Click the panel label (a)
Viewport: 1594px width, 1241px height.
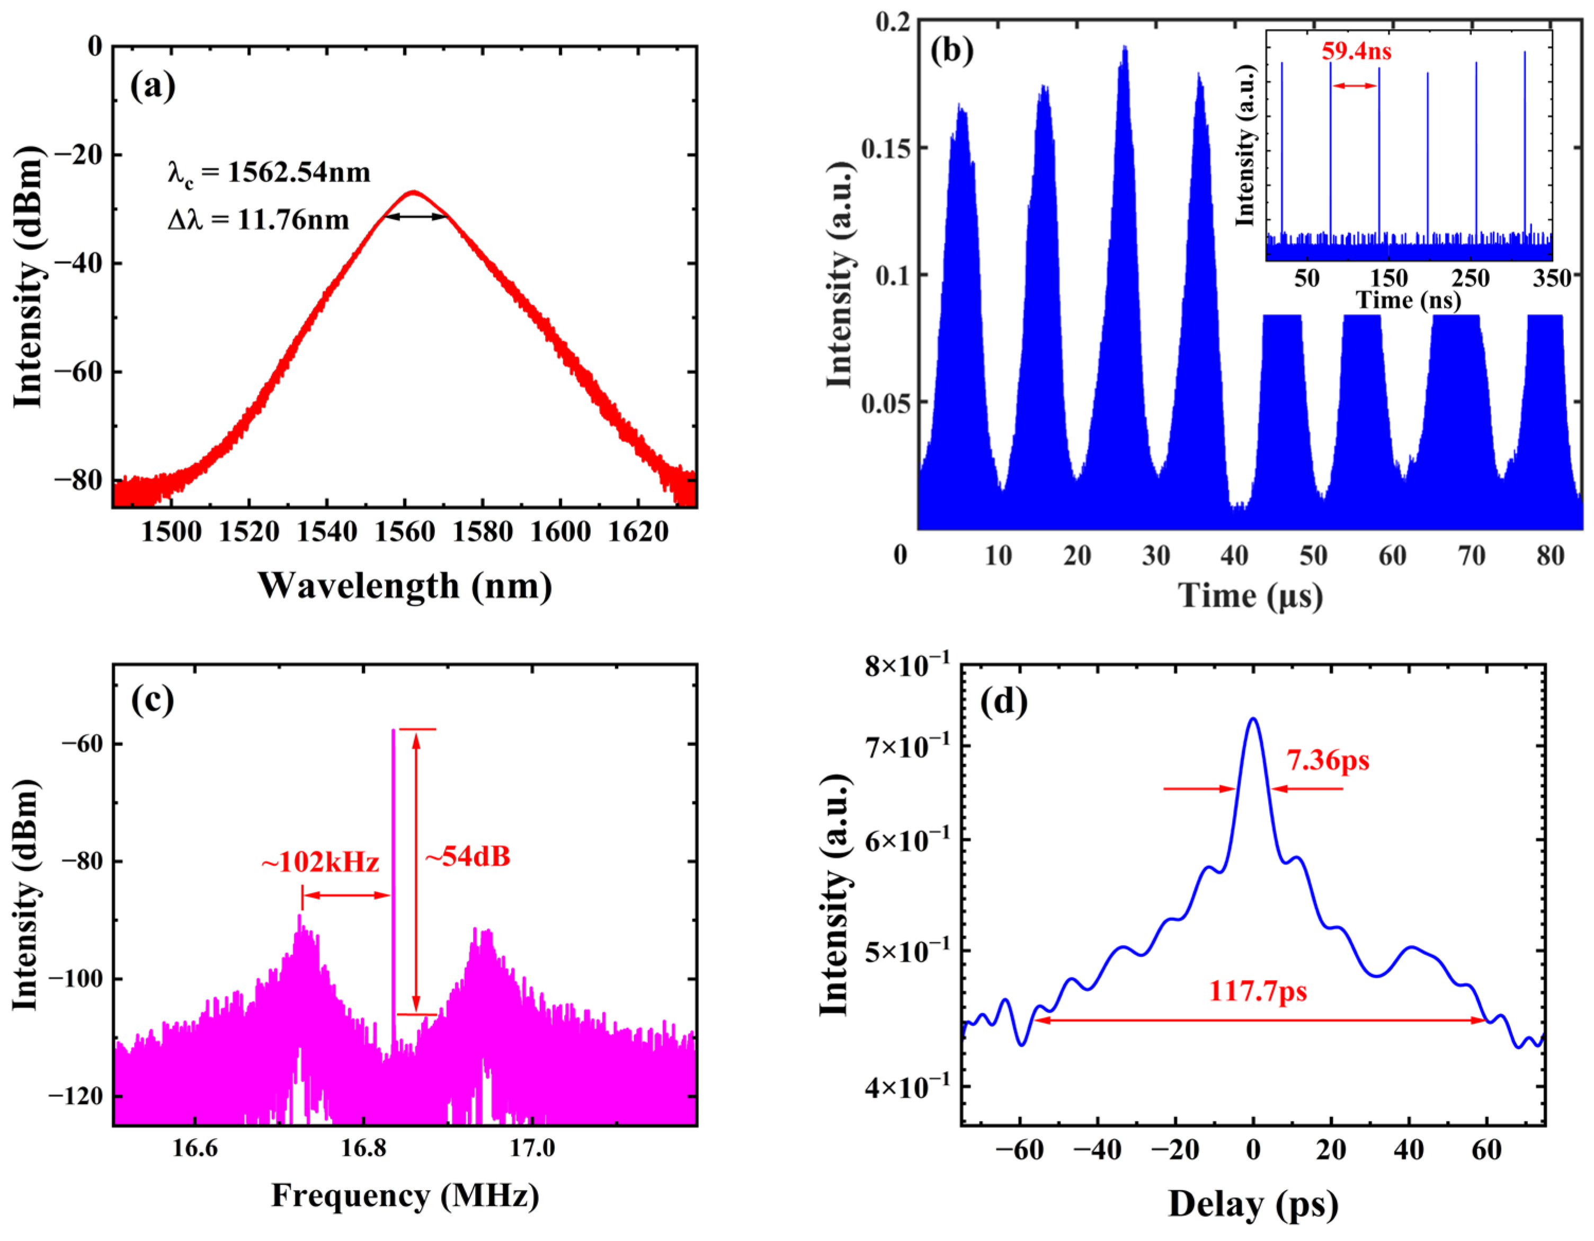click(153, 86)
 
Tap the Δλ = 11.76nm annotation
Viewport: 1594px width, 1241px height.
click(259, 219)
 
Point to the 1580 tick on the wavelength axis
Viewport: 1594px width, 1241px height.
click(483, 531)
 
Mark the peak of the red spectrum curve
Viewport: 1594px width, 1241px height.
click(414, 192)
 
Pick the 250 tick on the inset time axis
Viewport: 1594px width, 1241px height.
click(1469, 278)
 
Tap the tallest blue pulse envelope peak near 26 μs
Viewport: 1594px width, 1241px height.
click(1125, 48)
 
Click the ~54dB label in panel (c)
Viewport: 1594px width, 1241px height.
click(467, 856)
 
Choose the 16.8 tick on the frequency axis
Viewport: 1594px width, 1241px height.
click(363, 1148)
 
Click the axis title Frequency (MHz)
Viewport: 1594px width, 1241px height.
click(405, 1196)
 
